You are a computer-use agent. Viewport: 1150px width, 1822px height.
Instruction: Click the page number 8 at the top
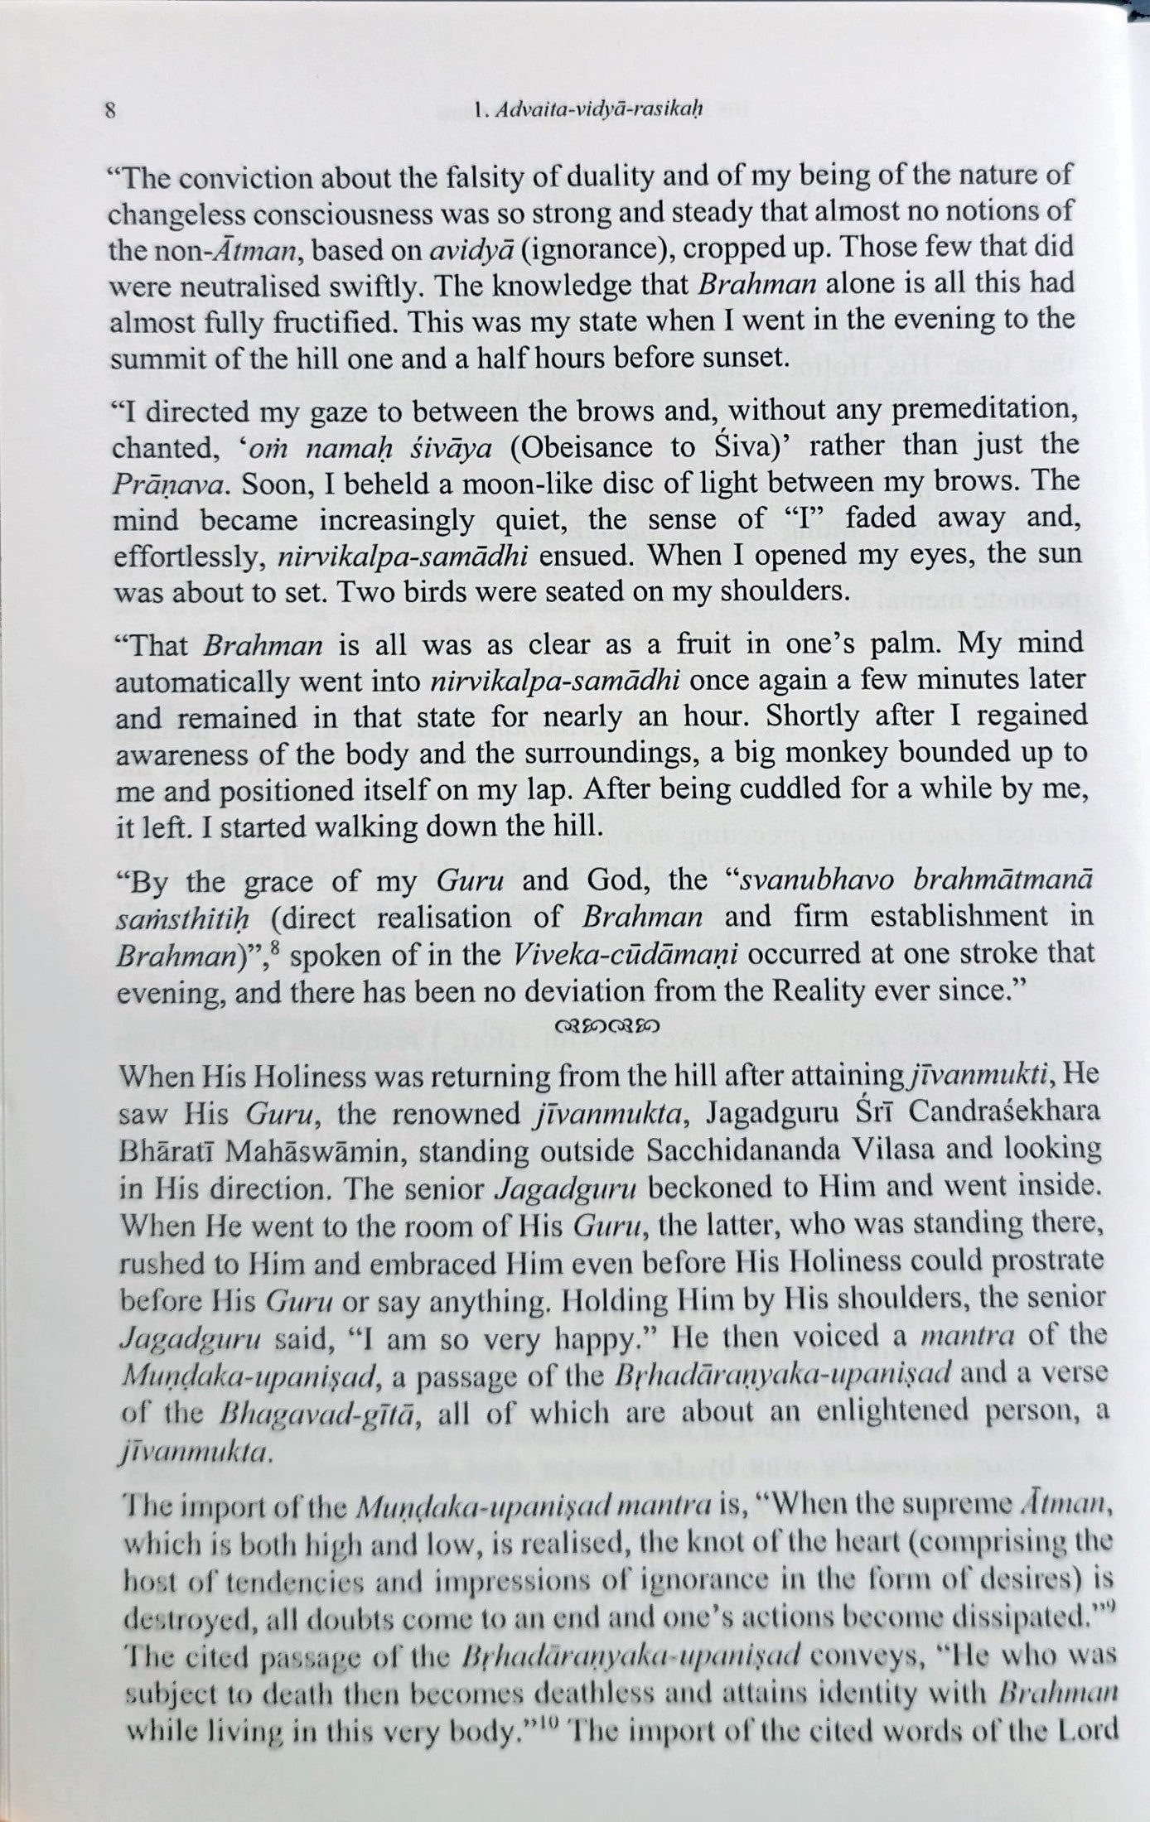[x=110, y=111]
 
